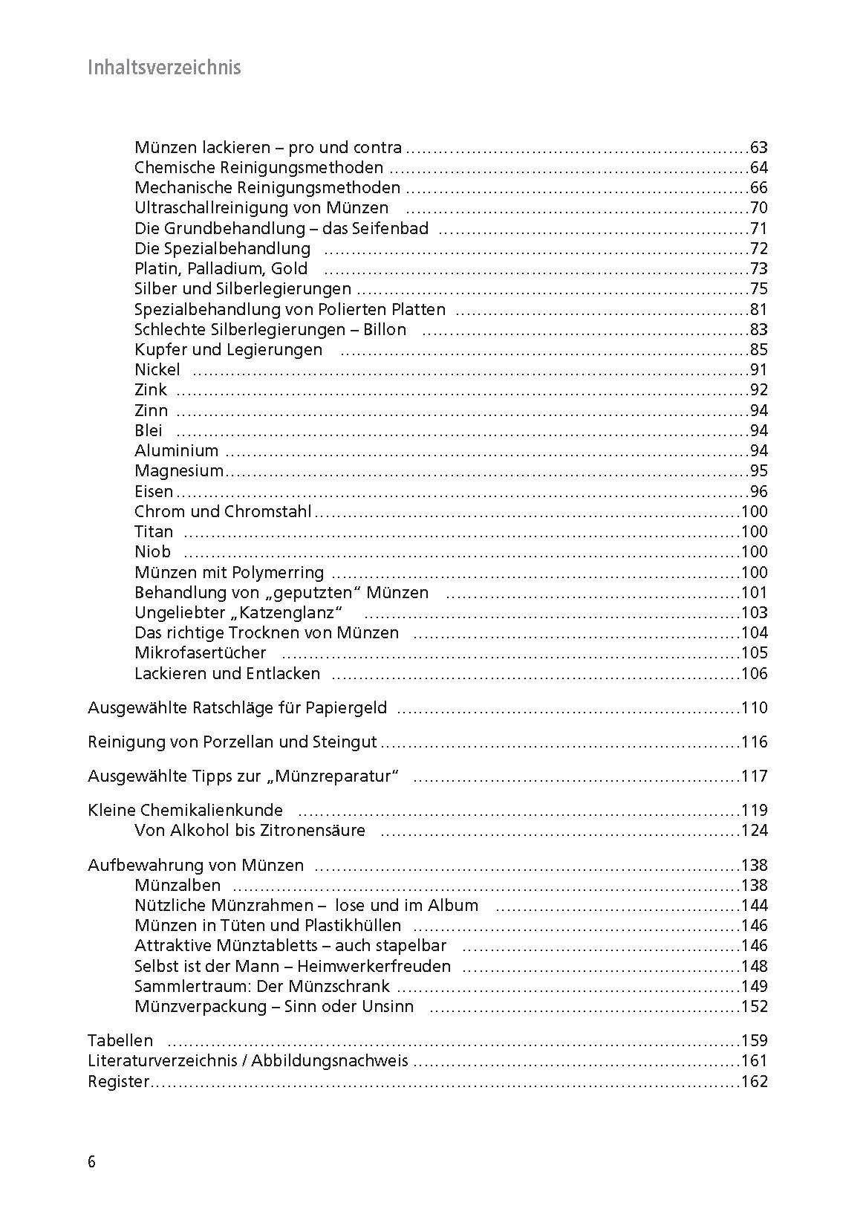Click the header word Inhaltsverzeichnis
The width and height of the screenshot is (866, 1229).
(164, 68)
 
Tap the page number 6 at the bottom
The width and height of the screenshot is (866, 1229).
(91, 1162)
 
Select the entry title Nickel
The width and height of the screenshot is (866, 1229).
(157, 369)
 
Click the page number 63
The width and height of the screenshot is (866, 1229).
(758, 147)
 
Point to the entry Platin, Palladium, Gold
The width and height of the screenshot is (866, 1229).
(221, 268)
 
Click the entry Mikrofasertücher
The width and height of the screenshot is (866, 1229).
(200, 652)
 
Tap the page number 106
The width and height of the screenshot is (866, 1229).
(755, 673)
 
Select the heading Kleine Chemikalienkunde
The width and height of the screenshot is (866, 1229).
(185, 810)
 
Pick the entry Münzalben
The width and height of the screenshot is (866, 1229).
(178, 885)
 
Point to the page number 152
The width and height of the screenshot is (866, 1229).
(755, 1006)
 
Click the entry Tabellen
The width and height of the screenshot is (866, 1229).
(120, 1040)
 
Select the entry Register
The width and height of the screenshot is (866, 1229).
(118, 1081)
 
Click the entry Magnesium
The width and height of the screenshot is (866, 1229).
(178, 470)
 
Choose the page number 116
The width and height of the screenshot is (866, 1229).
(755, 742)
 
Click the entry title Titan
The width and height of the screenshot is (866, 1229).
(154, 531)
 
